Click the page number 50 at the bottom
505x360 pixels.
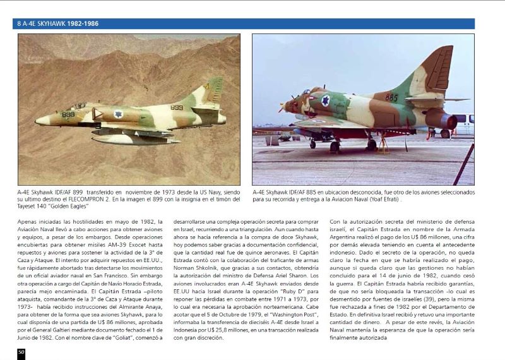point(21,352)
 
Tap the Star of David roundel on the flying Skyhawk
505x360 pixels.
point(118,114)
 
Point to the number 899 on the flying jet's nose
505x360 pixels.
point(68,114)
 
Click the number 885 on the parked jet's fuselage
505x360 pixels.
point(391,98)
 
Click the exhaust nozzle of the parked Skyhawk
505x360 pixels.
point(449,119)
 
